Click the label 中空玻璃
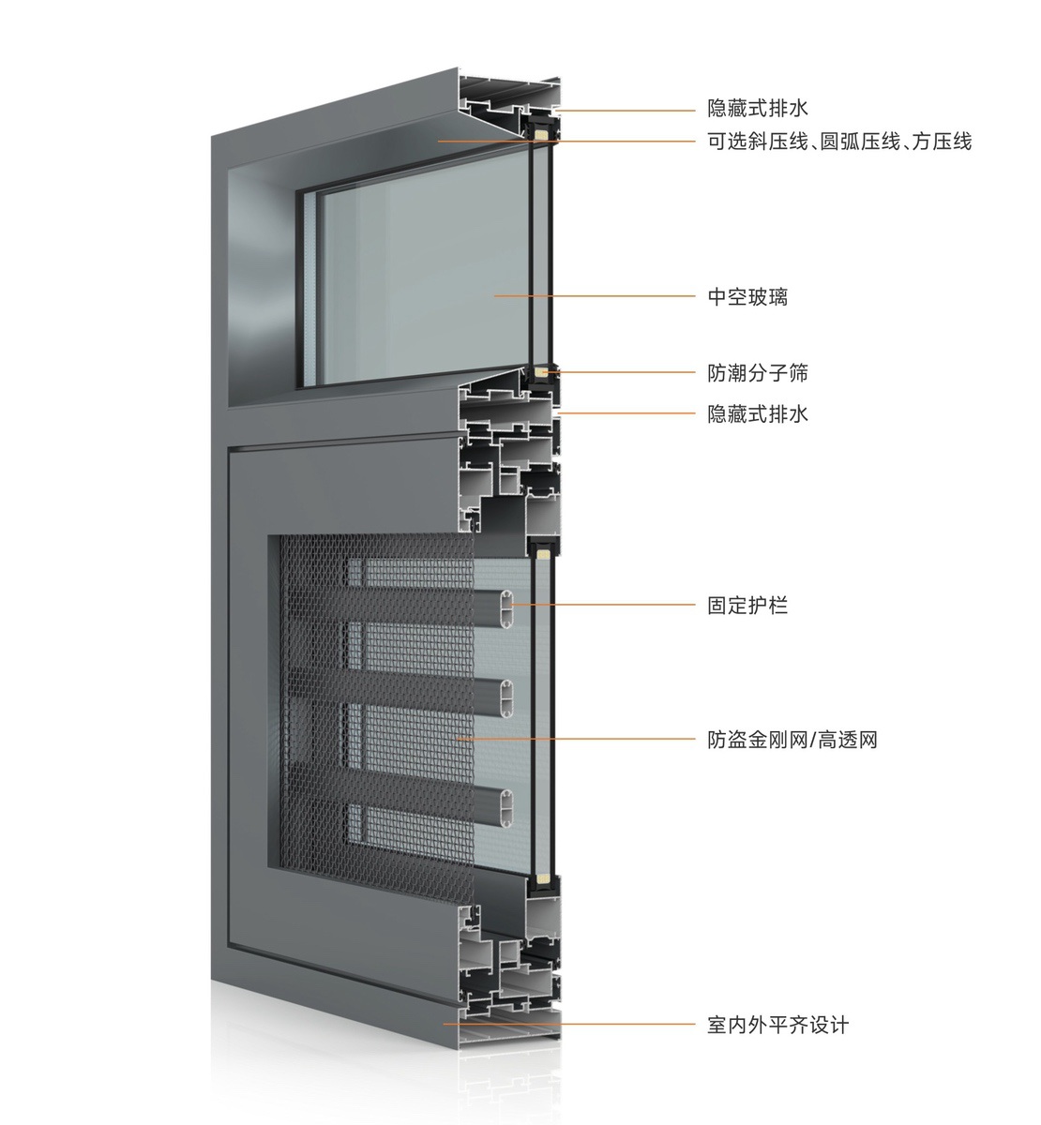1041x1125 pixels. (x=747, y=296)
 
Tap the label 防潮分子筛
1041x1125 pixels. (x=757, y=373)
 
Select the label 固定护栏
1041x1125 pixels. (x=747, y=605)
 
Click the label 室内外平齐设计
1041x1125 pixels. (x=777, y=1025)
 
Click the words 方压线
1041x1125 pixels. (x=942, y=141)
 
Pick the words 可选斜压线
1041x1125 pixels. (x=757, y=141)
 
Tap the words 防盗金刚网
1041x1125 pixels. (x=757, y=740)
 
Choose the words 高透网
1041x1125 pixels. (x=847, y=740)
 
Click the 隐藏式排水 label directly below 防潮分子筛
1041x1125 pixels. (x=757, y=414)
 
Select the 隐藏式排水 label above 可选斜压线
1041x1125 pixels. (x=757, y=108)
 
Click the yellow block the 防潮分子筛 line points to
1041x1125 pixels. (x=540, y=372)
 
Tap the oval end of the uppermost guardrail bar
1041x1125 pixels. (x=506, y=605)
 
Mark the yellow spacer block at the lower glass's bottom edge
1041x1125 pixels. (x=543, y=877)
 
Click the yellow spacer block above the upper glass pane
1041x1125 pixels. (x=540, y=134)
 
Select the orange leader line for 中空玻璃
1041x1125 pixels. (x=594, y=295)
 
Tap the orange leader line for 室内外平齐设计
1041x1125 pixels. (x=569, y=1024)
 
